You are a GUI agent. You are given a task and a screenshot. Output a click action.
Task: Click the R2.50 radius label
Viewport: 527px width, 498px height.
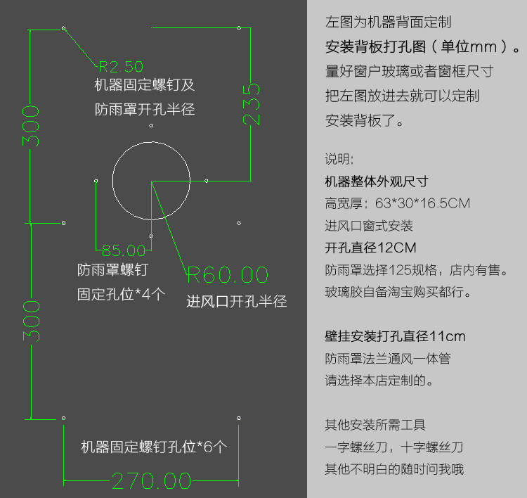(x=121, y=67)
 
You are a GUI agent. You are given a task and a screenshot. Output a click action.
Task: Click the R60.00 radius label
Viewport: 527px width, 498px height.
(x=228, y=274)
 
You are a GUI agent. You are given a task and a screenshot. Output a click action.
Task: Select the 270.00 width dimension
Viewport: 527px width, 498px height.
(x=152, y=481)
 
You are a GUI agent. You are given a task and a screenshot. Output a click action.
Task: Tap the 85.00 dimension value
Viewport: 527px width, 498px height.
(x=124, y=250)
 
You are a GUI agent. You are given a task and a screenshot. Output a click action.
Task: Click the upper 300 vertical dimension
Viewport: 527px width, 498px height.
(x=30, y=127)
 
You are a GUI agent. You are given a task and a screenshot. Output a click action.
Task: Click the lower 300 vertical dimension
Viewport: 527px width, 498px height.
(x=30, y=321)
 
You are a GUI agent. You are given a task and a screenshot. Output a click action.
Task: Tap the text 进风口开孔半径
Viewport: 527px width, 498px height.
(x=236, y=302)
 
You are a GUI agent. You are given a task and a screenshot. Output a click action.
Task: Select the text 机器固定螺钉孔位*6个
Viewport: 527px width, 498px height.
(x=154, y=447)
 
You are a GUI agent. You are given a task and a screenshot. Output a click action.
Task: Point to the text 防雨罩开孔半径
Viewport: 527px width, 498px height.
(x=144, y=110)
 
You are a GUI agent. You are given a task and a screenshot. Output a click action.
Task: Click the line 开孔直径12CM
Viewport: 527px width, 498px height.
(x=370, y=248)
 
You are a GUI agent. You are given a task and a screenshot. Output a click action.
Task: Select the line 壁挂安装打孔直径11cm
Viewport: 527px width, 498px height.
(x=395, y=336)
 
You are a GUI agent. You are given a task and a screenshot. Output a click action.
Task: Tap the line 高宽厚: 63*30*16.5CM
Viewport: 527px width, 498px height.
(x=397, y=203)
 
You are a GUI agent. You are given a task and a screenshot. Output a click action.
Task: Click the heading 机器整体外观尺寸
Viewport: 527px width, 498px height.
(x=376, y=181)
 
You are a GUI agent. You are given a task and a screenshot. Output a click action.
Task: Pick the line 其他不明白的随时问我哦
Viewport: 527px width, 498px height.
(x=394, y=469)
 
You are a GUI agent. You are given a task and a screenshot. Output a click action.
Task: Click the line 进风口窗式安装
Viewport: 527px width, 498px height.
(x=369, y=226)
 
